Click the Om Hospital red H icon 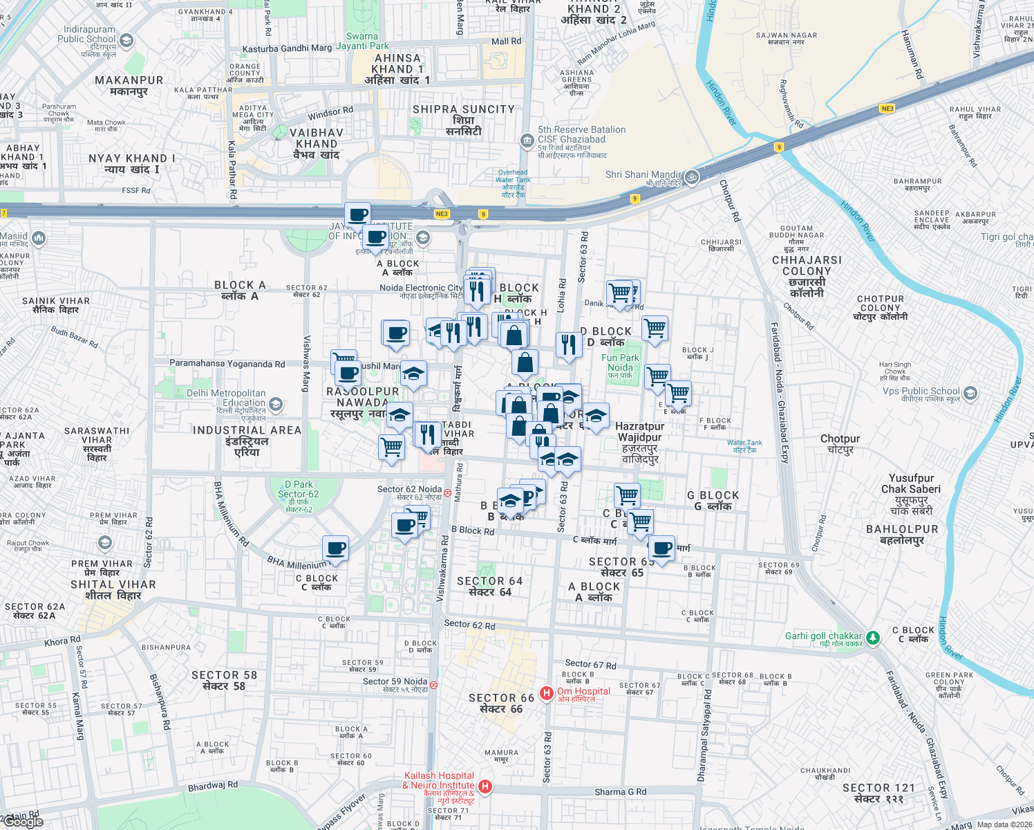546,692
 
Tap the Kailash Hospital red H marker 485,786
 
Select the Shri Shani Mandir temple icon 692,177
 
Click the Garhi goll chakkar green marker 873,637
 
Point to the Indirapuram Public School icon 126,41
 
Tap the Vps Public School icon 970,394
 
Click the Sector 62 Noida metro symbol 448,493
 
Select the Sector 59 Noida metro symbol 433,685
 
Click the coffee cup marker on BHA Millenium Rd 335,548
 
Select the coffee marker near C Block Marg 661,548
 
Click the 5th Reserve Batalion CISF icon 527,141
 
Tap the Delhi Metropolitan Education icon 276,404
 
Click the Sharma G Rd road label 620,791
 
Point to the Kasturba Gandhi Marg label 287,48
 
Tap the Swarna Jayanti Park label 362,41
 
